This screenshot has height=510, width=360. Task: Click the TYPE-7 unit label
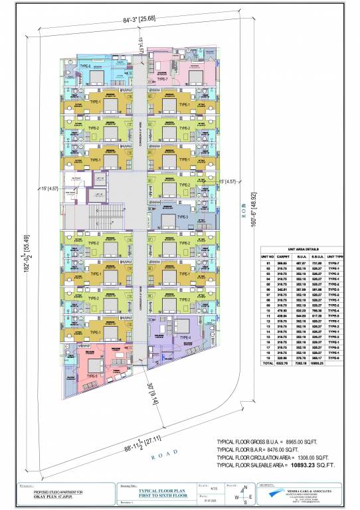coord(162,78)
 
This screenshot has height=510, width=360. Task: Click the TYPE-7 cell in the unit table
coord(334,263)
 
